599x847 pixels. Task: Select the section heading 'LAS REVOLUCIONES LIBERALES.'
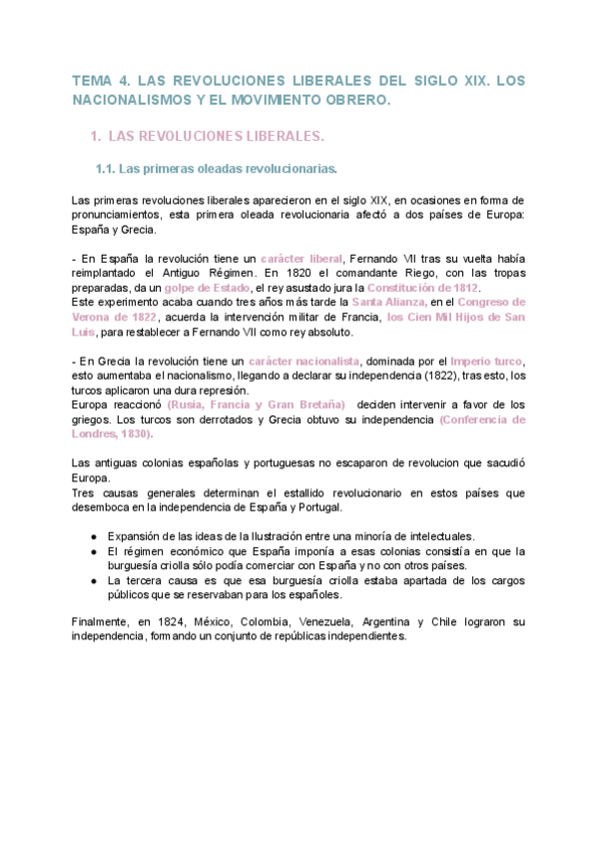[215, 135]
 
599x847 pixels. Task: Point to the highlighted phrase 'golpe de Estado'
[207, 288]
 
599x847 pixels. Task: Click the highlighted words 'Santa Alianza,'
[391, 302]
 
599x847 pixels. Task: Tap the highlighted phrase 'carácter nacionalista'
[304, 361]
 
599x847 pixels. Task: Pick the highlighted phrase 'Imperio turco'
[486, 361]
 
